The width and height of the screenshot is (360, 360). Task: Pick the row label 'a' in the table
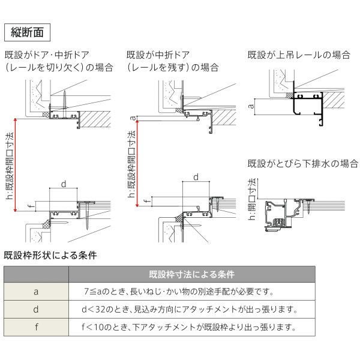(37, 292)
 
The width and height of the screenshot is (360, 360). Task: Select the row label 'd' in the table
(37, 310)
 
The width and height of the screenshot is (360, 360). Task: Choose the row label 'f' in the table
(37, 328)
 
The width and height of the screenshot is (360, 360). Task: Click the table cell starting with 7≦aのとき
(179, 292)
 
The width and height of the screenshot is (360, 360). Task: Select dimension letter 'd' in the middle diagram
(196, 176)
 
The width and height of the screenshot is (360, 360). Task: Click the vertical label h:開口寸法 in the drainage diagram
(253, 193)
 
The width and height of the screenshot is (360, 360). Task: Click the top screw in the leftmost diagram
(62, 95)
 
